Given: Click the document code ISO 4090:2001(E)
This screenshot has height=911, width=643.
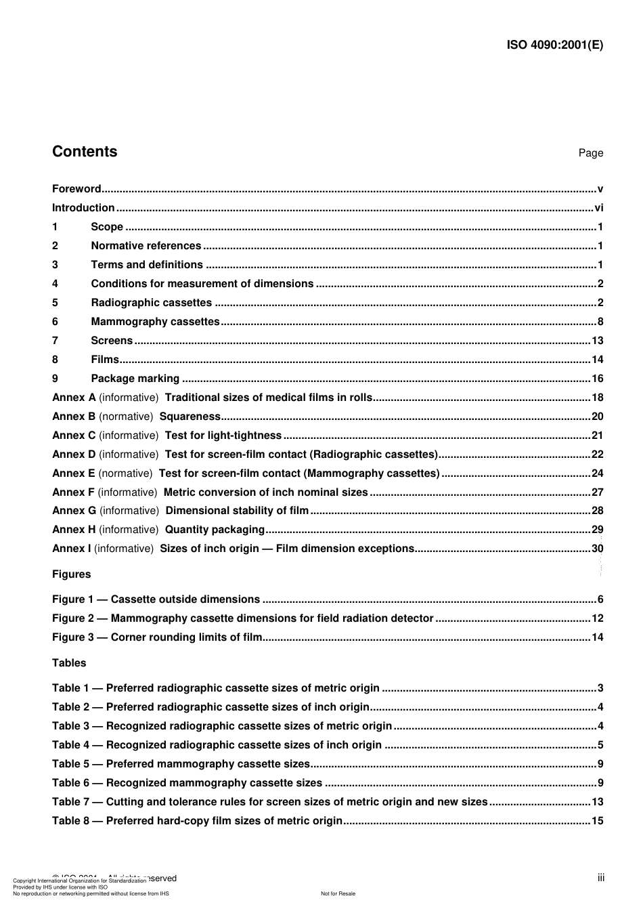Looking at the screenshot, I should (554, 45).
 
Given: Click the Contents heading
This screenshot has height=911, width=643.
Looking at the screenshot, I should (85, 152).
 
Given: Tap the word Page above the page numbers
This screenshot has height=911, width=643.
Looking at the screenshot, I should (590, 153).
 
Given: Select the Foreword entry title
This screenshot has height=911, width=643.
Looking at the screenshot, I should (76, 189).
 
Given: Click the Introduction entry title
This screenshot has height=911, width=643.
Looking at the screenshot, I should (83, 208).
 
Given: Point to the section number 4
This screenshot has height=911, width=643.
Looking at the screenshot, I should (56, 284).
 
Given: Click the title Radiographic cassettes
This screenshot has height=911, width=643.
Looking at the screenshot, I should (151, 303).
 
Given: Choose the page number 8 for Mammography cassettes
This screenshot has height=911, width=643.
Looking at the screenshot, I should (600, 322).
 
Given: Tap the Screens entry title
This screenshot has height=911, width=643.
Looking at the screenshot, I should (112, 341).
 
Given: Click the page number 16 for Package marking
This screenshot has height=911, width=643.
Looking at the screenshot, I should (598, 379).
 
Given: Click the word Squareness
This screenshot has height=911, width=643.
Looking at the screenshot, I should (190, 417).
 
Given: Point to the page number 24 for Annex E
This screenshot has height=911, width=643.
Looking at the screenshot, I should (598, 473).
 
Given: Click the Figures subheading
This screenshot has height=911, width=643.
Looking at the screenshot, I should (71, 574).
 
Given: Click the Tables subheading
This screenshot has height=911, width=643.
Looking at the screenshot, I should (69, 663).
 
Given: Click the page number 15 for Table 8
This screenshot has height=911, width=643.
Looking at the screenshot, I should (598, 821).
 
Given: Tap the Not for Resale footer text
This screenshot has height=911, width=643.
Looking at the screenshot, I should (338, 893).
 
